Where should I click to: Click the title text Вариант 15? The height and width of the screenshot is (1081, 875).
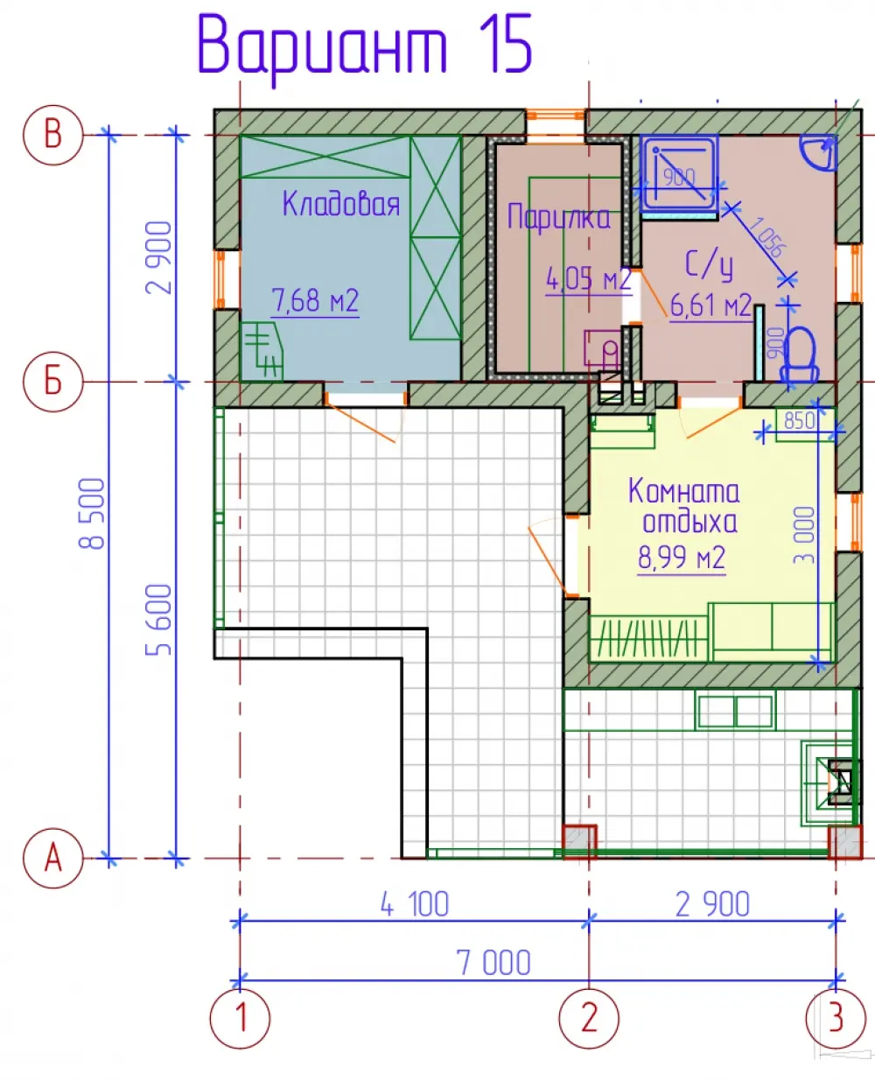(x=364, y=47)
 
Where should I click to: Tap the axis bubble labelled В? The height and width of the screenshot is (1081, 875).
(x=52, y=135)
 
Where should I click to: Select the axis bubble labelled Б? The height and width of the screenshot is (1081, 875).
(x=52, y=382)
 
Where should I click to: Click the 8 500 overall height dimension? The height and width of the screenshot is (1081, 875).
(x=92, y=513)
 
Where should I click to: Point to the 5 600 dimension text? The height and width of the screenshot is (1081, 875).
(x=158, y=620)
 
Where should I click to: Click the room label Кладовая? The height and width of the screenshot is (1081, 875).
(x=341, y=204)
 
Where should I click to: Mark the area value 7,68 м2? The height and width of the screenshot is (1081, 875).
(x=316, y=300)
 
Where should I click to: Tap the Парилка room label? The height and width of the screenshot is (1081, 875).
(x=559, y=218)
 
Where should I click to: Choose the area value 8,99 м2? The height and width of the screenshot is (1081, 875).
(x=682, y=558)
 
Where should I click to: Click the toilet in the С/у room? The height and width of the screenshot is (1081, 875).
(x=800, y=357)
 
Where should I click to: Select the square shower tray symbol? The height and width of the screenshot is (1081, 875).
(x=679, y=173)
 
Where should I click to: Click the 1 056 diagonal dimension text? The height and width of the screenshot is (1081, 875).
(x=768, y=236)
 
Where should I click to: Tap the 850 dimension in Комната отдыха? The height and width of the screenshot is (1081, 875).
(x=800, y=421)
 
